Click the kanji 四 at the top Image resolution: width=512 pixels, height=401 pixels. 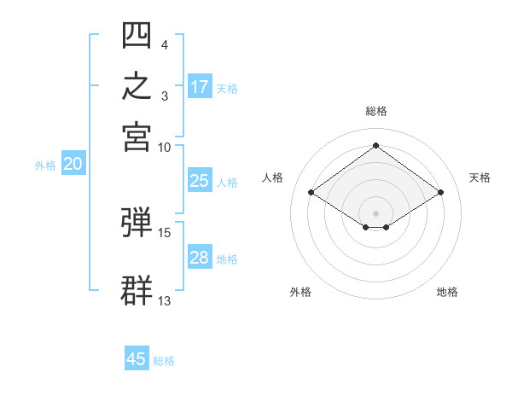coord(137,35)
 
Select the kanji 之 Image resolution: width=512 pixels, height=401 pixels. coord(137,85)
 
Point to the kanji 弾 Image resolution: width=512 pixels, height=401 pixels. coord(137,222)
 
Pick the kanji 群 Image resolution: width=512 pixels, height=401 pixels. coord(137,290)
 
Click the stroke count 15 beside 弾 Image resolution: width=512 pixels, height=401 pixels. coord(164,233)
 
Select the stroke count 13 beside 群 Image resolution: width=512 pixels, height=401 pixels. coord(164,301)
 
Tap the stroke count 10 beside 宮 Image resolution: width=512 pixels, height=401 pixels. coord(164,148)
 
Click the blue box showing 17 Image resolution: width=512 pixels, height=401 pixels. coord(200,86)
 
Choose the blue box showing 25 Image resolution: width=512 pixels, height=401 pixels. coord(200,180)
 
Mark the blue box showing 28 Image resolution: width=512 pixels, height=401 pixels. coord(200,256)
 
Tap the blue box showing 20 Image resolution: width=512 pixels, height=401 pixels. coord(73,163)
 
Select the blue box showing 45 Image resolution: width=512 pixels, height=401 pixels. coord(137,357)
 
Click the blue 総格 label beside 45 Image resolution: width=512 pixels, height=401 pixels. coord(164,361)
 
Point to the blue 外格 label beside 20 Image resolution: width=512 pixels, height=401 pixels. coord(45,166)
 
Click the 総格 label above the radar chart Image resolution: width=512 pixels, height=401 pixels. coord(376,111)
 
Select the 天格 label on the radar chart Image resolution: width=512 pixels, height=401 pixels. coord(480,177)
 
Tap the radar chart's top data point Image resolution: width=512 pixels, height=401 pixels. coord(375,145)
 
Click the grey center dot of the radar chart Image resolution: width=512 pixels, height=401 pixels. coord(375,213)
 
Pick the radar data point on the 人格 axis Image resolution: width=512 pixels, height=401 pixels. coord(311,192)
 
